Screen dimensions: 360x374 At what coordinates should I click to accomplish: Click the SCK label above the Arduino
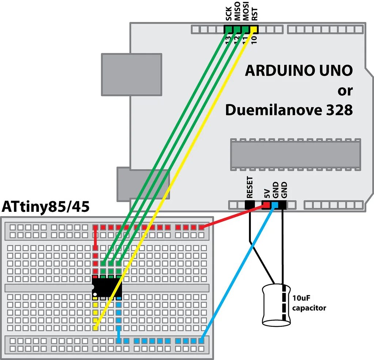pyautogui.click(x=229, y=15)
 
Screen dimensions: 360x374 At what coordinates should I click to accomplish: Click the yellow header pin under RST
pyautogui.click(x=254, y=29)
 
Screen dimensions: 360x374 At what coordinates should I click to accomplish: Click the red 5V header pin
pyautogui.click(x=267, y=206)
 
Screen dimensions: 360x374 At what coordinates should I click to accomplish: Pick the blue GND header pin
pyautogui.click(x=275, y=206)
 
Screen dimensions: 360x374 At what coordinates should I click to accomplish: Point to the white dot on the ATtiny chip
pyautogui.click(x=95, y=294)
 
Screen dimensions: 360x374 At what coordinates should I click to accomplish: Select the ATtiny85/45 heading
pyautogui.click(x=46, y=207)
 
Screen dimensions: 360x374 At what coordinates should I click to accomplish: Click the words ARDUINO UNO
pyautogui.click(x=299, y=70)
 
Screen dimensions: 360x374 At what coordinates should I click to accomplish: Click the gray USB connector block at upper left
pyautogui.click(x=131, y=74)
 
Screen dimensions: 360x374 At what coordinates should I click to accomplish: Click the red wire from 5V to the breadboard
pyautogui.click(x=234, y=217)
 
